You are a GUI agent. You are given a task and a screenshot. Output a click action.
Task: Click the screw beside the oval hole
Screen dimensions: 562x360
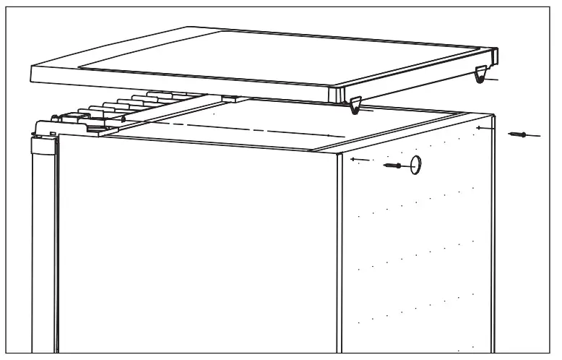(x=394, y=166)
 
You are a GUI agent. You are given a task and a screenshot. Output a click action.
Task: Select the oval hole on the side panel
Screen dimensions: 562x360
(x=416, y=165)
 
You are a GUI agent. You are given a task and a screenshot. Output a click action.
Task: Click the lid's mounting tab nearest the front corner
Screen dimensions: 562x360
(x=354, y=107)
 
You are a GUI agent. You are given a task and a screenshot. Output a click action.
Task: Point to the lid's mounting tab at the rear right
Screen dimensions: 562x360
(x=480, y=74)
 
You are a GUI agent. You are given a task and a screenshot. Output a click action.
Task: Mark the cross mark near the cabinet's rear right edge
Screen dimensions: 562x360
(x=480, y=127)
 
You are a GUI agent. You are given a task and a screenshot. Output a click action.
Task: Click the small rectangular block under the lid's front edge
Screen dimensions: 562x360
(x=229, y=99)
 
